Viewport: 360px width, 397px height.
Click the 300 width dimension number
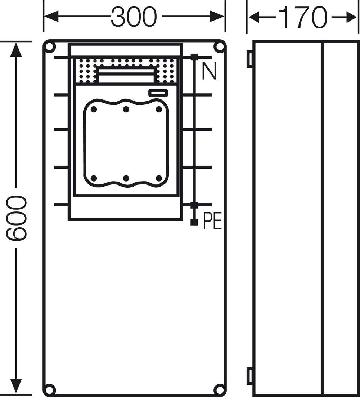tap(134, 17)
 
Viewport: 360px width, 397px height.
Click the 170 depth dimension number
tap(302, 17)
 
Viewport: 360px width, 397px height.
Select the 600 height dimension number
tap(16, 218)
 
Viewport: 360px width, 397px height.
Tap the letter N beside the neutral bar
tap(209, 71)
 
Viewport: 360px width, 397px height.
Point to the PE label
tap(212, 221)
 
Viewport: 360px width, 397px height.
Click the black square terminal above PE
tap(194, 222)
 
